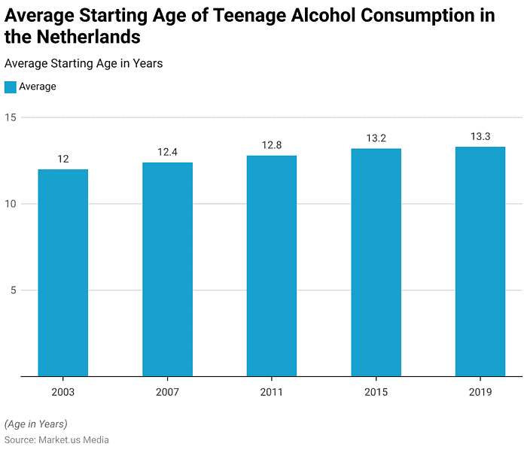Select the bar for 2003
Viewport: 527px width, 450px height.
tap(63, 272)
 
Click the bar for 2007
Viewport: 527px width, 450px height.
tap(167, 269)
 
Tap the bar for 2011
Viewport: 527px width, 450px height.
tap(271, 266)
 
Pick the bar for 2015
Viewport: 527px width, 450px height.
tap(376, 263)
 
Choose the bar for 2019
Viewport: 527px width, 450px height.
tap(480, 261)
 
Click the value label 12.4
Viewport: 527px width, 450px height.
tap(167, 152)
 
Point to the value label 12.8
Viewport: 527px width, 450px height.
tap(271, 145)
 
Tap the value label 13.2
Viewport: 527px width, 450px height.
tap(376, 138)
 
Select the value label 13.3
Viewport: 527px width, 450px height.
tap(480, 136)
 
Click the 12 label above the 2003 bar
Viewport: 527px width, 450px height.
tap(63, 159)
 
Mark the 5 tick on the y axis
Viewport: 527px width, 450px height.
tap(13, 290)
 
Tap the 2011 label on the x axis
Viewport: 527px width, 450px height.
tap(271, 392)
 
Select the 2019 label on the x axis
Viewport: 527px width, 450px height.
tap(480, 392)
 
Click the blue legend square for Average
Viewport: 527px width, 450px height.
tap(10, 87)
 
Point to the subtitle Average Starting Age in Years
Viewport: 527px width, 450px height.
tap(84, 64)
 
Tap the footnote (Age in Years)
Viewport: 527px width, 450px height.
tap(35, 424)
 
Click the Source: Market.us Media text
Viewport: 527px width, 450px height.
tap(56, 440)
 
